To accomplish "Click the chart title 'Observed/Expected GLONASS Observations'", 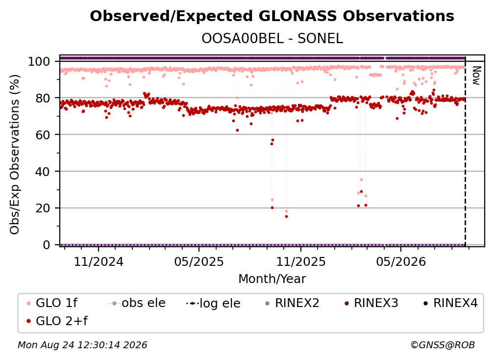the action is [272, 16].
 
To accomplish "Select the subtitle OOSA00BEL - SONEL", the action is [272, 39].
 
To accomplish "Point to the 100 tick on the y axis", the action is [39, 61].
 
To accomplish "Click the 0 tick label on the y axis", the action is [47, 245].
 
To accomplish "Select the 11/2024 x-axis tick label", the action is [99, 261].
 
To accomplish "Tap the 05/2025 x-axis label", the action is [199, 261].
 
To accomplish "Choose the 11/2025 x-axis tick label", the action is [301, 261].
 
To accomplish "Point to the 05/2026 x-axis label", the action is [401, 261].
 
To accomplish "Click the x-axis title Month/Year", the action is [272, 279].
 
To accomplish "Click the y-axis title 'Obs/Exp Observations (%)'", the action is [15, 154].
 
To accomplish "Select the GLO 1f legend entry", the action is [52, 303].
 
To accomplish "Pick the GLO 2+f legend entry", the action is [57, 321].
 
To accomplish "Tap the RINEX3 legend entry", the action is [371, 303].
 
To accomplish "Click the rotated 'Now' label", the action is [476, 76].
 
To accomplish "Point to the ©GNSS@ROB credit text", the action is [443, 345].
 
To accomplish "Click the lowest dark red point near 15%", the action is [286, 217].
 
